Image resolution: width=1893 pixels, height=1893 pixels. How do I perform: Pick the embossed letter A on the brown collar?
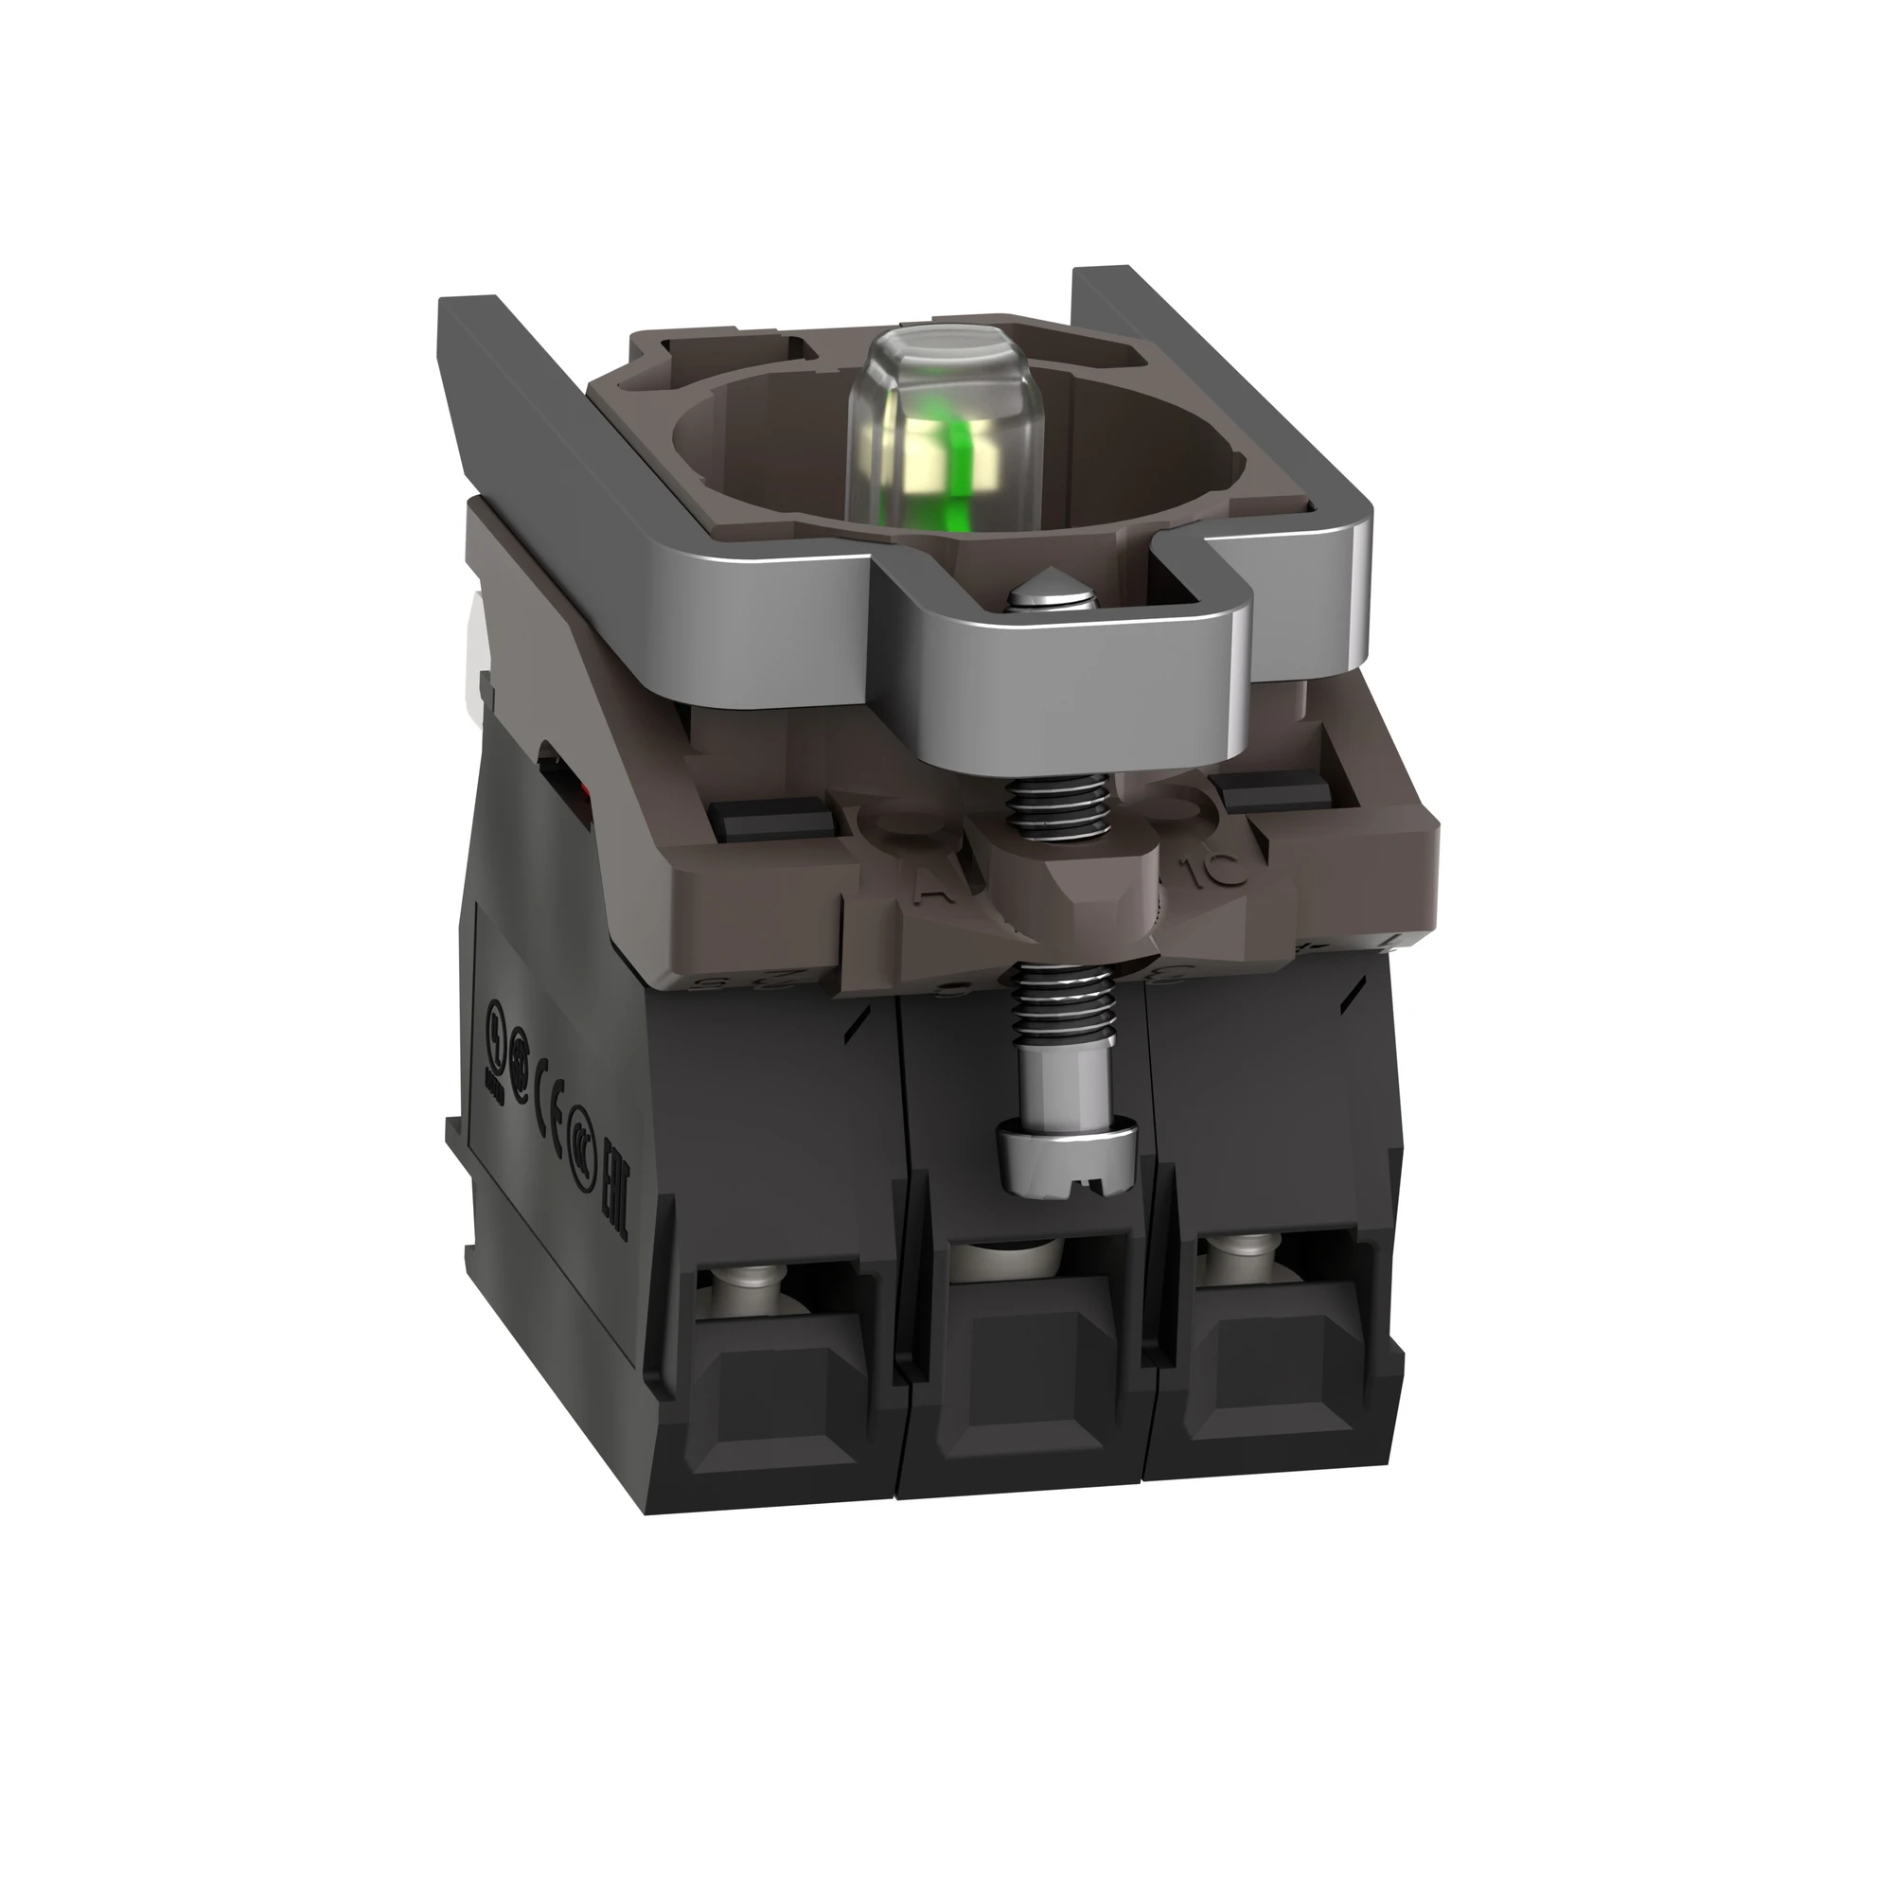pyautogui.click(x=925, y=889)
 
